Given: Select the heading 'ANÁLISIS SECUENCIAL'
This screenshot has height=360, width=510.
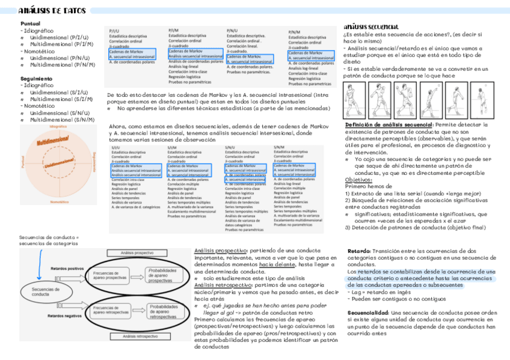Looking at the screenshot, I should point(371,27).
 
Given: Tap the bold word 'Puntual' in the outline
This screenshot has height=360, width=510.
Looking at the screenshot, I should point(31,23).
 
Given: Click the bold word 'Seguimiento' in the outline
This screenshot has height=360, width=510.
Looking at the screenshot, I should point(36,78).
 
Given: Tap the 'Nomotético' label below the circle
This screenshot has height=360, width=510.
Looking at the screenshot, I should point(58,201).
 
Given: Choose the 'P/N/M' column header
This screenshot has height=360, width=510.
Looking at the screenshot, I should point(294,32).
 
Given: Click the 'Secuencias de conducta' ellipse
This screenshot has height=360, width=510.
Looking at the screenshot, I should point(41,291).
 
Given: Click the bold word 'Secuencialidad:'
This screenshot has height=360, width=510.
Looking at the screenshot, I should point(368,313).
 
